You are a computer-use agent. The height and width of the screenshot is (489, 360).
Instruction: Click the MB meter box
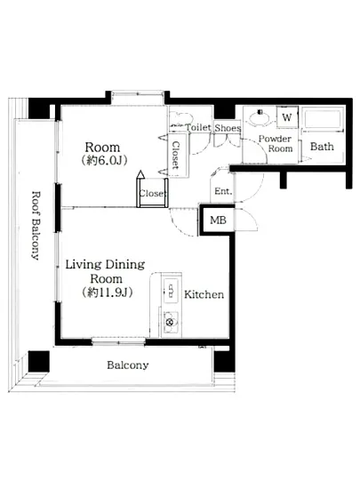(218, 220)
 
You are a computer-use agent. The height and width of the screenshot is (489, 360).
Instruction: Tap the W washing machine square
(287, 117)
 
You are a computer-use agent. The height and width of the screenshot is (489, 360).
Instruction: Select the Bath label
(322, 147)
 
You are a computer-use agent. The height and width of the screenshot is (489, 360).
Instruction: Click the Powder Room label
(276, 143)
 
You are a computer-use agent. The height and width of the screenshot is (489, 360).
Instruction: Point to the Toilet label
(198, 127)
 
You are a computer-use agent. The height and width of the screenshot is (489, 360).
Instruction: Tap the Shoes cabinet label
(228, 128)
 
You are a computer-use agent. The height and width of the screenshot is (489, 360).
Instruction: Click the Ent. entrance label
(223, 191)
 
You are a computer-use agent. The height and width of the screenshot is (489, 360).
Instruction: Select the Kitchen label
(204, 294)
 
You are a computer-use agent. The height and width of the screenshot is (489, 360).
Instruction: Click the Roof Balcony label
(36, 226)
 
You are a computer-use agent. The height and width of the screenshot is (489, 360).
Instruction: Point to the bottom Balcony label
(128, 365)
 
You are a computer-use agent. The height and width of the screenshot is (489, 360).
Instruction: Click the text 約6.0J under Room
(104, 160)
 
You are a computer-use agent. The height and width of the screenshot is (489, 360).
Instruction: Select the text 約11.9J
(108, 293)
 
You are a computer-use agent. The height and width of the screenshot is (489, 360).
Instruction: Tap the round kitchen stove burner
(170, 323)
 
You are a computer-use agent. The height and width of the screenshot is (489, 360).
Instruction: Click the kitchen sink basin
(171, 291)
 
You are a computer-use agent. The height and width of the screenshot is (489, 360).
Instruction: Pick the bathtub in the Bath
(323, 118)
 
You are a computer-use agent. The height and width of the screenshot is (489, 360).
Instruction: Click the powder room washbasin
(259, 118)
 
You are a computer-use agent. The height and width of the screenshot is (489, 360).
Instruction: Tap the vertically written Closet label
(176, 155)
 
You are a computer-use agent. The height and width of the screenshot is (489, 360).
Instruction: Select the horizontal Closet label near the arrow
(151, 193)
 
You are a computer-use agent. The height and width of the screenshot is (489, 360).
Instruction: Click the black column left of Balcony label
(39, 361)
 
